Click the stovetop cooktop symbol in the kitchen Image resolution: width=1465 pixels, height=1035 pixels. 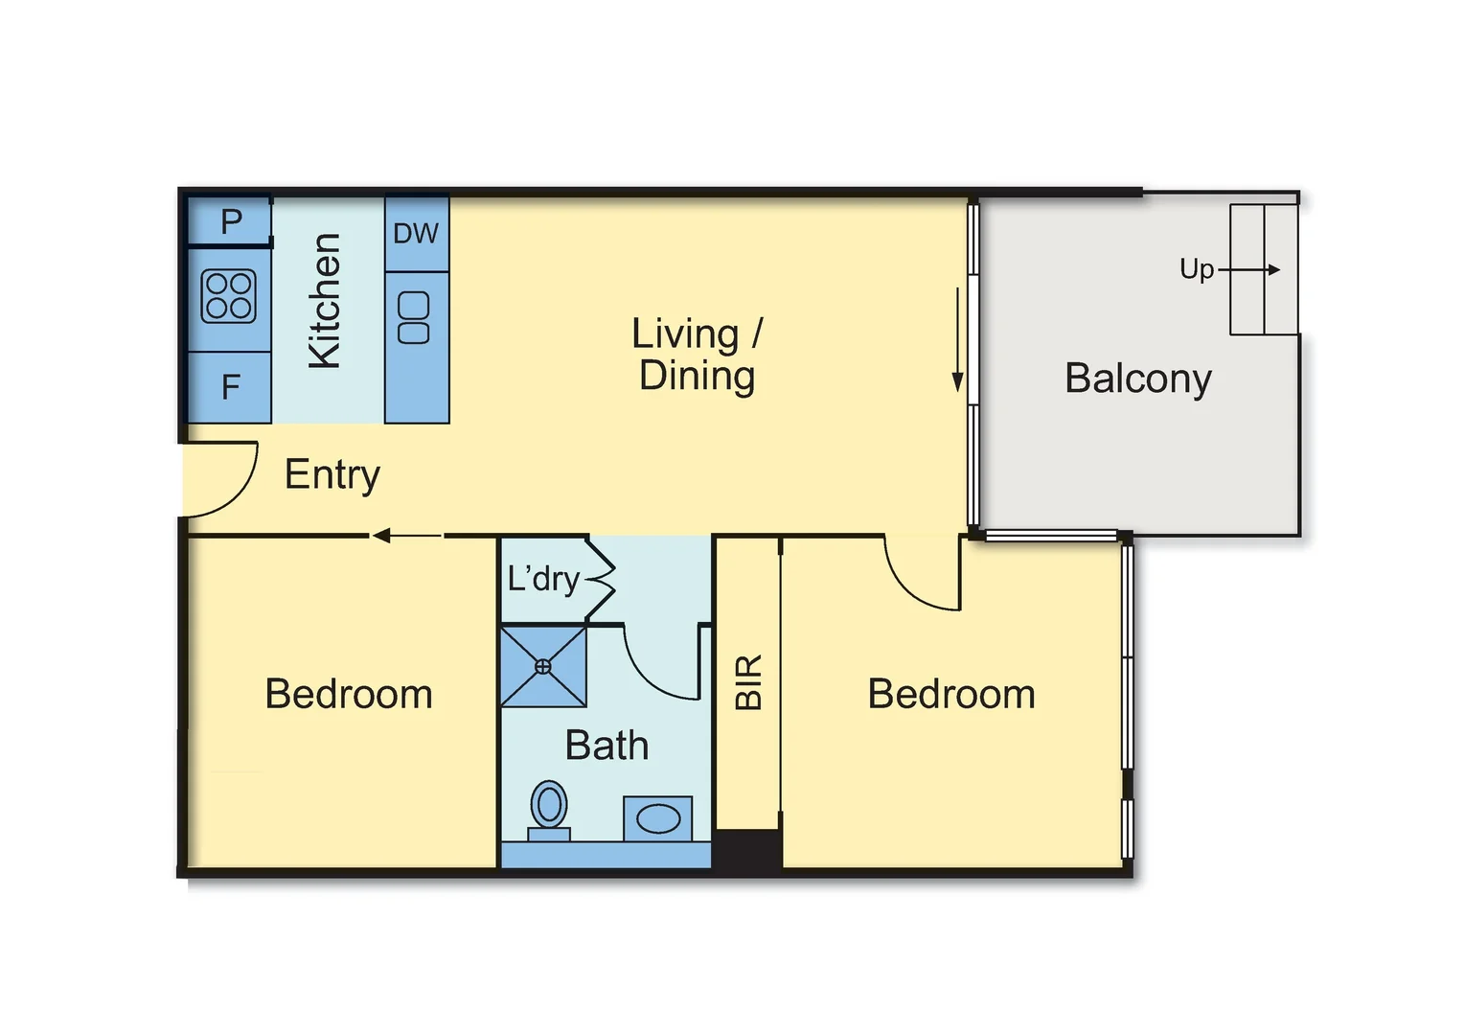(x=229, y=296)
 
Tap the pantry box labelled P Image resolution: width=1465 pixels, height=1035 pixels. (x=230, y=221)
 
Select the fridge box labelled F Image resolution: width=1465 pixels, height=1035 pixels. (x=230, y=387)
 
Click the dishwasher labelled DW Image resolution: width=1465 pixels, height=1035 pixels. (x=416, y=233)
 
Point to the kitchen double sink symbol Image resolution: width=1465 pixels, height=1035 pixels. (x=414, y=318)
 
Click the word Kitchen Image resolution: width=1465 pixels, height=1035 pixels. (x=324, y=300)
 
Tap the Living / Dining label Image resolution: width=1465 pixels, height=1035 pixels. (x=697, y=355)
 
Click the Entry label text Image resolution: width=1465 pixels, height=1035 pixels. (x=332, y=474)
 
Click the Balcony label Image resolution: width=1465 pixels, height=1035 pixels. (x=1137, y=378)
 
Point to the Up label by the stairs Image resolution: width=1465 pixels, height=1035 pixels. (x=1197, y=269)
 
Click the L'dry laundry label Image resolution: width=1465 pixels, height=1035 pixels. (x=543, y=579)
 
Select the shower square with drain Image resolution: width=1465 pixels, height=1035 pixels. (x=543, y=666)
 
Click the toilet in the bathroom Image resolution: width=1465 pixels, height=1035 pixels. (x=549, y=810)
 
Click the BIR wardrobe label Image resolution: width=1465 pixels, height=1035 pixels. (x=748, y=682)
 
